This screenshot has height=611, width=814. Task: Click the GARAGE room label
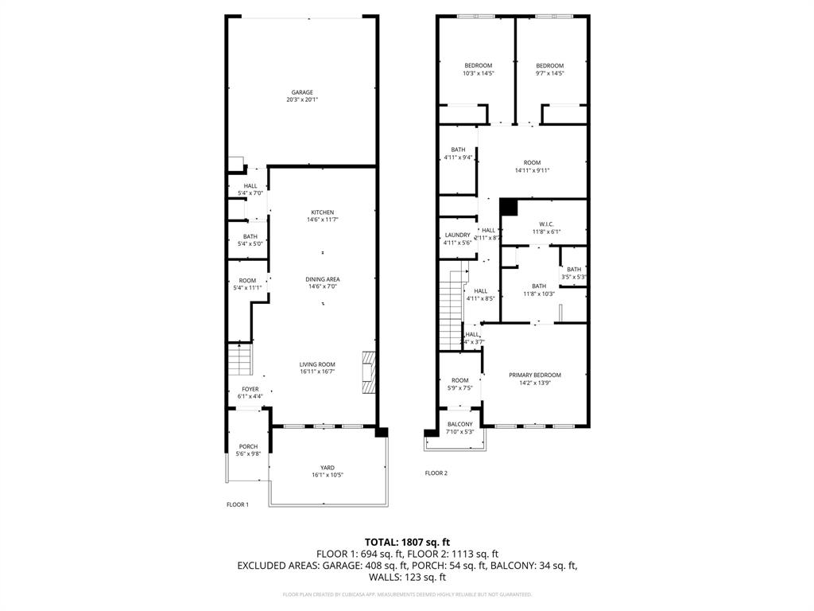(300, 92)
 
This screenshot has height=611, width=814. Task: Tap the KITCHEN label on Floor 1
(322, 212)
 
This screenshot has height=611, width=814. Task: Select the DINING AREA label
(323, 279)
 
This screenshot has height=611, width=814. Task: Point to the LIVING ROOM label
(317, 364)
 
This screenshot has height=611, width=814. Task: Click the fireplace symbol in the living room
(369, 372)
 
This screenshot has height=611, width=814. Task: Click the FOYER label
(250, 389)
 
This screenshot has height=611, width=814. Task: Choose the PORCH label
(248, 446)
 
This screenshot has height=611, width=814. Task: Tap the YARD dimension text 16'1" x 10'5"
(327, 475)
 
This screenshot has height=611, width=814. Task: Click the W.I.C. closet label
(546, 224)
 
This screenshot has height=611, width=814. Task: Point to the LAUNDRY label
(457, 235)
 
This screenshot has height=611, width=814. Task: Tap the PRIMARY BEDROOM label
(535, 375)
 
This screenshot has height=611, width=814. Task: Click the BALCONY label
(460, 424)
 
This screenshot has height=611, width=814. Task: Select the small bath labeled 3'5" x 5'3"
(574, 270)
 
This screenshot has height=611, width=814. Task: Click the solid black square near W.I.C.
(509, 207)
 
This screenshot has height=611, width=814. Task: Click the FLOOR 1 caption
(238, 504)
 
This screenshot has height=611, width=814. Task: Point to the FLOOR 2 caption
(436, 473)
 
